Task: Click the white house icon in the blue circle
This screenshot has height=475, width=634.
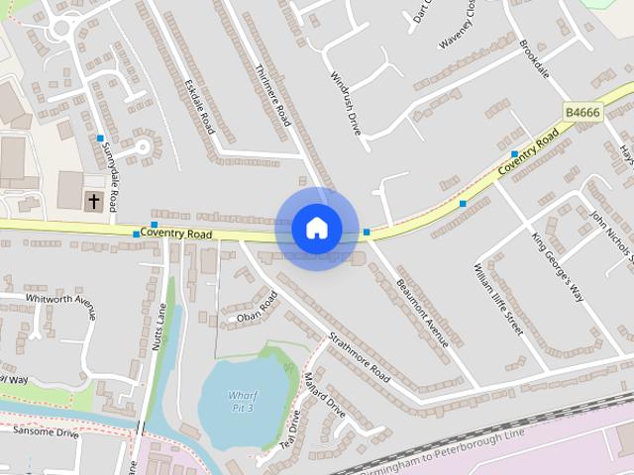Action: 316,229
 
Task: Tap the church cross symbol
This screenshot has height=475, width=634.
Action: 94,201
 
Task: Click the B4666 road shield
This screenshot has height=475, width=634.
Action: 582,113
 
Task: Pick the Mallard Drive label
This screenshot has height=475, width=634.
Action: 324,397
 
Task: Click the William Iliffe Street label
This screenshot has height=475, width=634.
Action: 498,298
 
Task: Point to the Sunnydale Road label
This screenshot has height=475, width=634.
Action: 109,174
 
